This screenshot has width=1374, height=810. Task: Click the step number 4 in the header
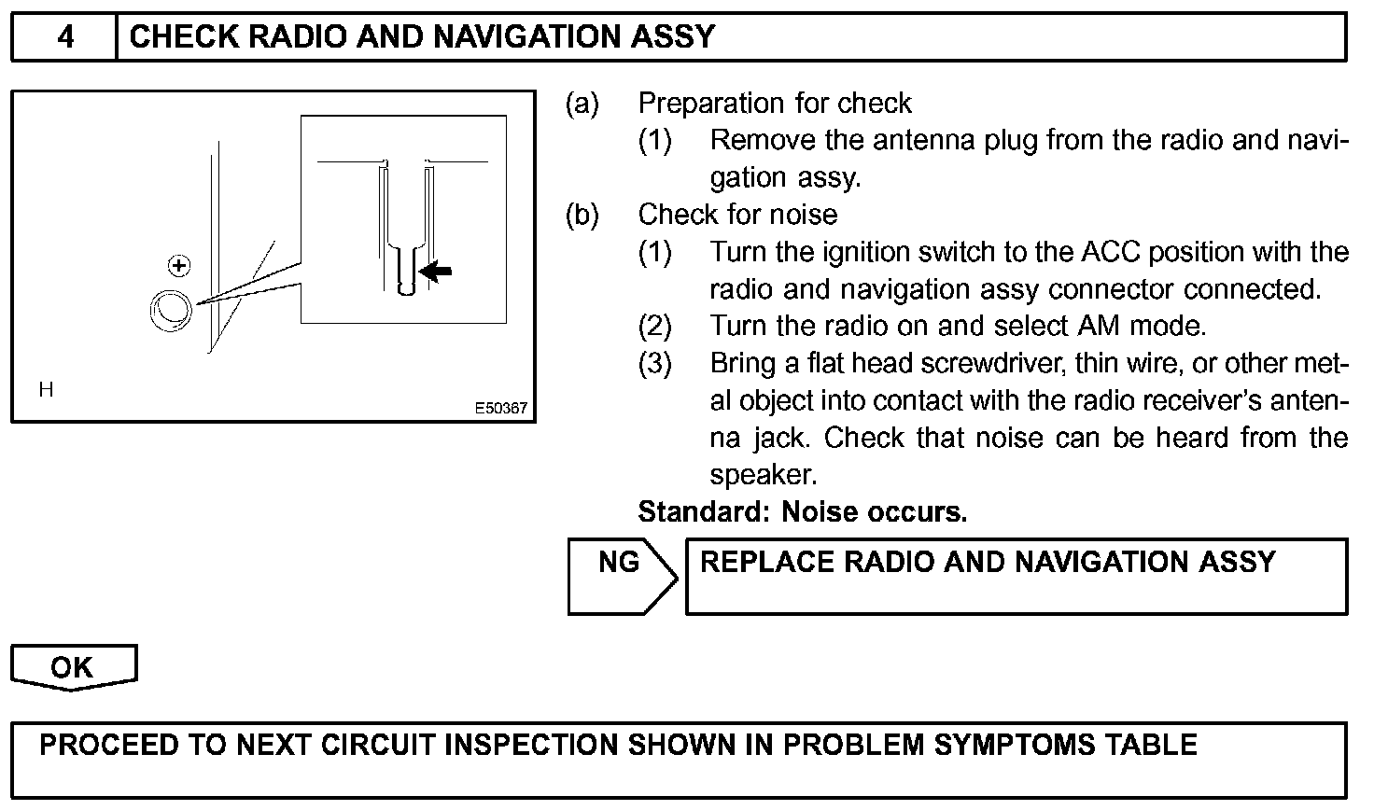pos(65,37)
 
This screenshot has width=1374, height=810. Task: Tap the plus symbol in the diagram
pos(178,267)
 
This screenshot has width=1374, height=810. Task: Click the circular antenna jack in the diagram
pos(171,308)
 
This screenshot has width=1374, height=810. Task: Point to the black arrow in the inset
pos(436,272)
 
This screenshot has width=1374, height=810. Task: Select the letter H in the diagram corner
pos(46,390)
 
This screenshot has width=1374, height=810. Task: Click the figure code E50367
pos(500,409)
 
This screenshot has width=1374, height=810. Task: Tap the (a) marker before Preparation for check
pos(582,104)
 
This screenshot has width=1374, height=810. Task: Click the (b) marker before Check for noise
pos(582,216)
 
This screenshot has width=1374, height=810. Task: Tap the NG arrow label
pos(620,563)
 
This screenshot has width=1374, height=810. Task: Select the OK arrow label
pos(72,667)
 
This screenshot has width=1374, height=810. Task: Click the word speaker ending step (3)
pos(763,476)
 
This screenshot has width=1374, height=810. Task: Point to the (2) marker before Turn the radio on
pos(654,327)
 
